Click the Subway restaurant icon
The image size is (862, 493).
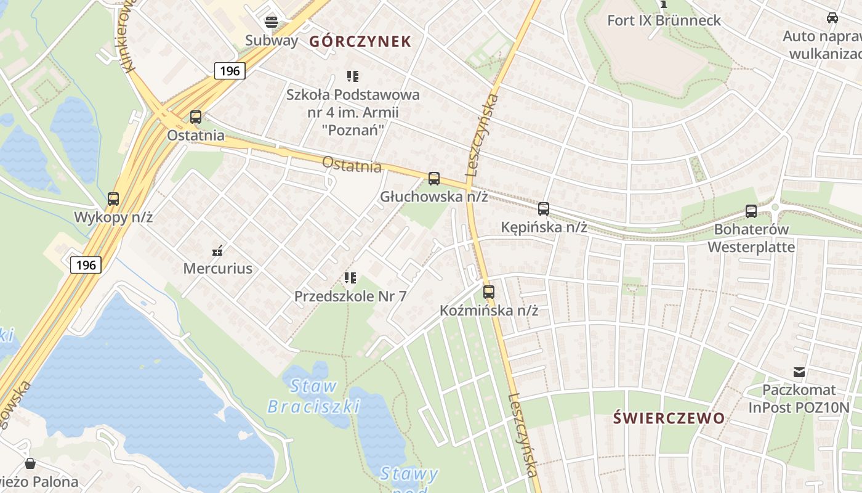pyautogui.click(x=272, y=23)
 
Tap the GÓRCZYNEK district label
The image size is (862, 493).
pyautogui.click(x=360, y=41)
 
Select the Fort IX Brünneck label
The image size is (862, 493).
pyautogui.click(x=664, y=20)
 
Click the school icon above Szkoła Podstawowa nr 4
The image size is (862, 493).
pyautogui.click(x=352, y=76)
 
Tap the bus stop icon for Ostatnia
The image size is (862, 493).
pyautogui.click(x=196, y=116)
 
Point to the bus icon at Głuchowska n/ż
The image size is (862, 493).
pyautogui.click(x=434, y=179)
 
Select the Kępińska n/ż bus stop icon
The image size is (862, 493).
pyautogui.click(x=544, y=209)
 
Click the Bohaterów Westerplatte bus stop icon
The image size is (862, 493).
pyautogui.click(x=751, y=211)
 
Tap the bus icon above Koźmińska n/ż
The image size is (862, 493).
pyautogui.click(x=489, y=292)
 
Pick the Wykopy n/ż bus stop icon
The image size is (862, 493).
pyautogui.click(x=113, y=199)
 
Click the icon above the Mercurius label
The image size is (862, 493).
pyautogui.click(x=217, y=250)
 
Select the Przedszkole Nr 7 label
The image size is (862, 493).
pyautogui.click(x=350, y=296)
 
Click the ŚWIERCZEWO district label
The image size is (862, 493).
pyautogui.click(x=669, y=418)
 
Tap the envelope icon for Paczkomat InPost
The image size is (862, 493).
pyautogui.click(x=799, y=372)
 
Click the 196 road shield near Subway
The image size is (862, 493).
pyautogui.click(x=230, y=71)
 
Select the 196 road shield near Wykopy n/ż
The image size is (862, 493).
pyautogui.click(x=86, y=265)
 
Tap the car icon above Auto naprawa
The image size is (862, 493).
pyautogui.click(x=832, y=18)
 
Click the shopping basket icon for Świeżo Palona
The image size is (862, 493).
pyautogui.click(x=30, y=463)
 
